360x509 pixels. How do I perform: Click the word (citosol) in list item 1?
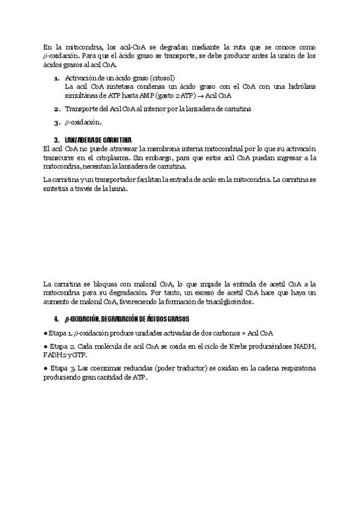(x=158, y=78)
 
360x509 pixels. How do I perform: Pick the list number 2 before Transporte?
(x=56, y=109)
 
